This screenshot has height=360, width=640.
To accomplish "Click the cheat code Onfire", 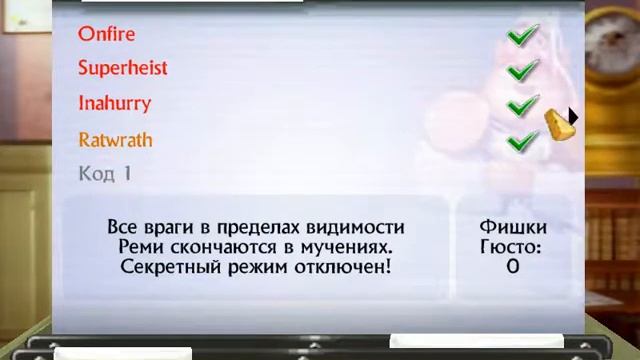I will coord(106,34).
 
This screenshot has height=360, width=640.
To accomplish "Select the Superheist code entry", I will coord(122,68).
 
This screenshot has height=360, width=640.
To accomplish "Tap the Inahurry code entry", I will coord(114,103).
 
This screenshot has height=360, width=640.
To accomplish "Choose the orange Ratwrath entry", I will coord(115,139).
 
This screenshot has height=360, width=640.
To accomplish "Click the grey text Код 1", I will coord(104,174).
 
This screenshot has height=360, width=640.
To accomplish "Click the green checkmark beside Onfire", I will coord(522,36).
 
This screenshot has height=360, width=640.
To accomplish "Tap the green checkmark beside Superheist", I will coord(522,71).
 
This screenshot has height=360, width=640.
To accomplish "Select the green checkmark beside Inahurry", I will coord(522,105).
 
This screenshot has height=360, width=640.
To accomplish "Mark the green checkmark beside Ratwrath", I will coord(522,141).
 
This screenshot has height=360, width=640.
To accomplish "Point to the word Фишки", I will coord(512,227).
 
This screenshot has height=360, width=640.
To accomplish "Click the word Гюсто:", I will coord(511,246).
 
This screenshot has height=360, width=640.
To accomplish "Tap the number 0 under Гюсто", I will coord(512,267).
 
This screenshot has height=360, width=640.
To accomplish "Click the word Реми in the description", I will coord(140,246).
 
